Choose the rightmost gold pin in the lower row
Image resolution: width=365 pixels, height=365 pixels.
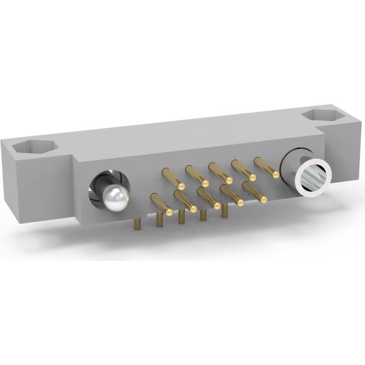[255, 192]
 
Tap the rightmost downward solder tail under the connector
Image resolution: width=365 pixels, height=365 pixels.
[224, 211]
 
